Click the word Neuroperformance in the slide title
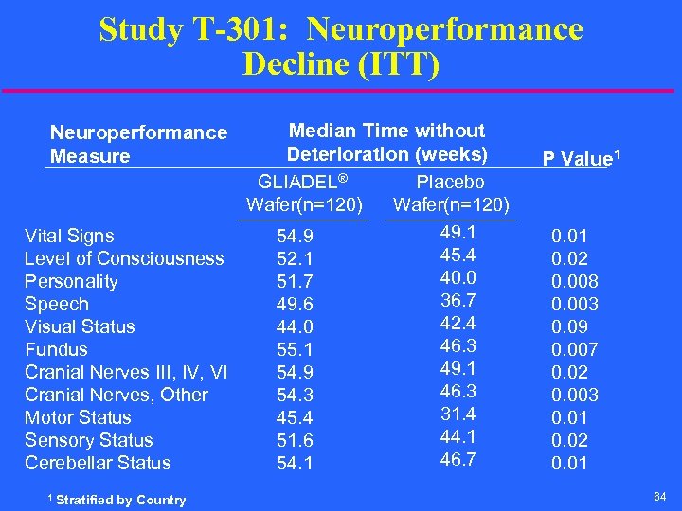click(x=444, y=29)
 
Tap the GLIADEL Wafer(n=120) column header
click(x=302, y=193)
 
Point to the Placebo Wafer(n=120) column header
click(x=450, y=193)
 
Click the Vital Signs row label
click(x=69, y=236)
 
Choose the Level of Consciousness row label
click(x=124, y=258)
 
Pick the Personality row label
click(x=71, y=281)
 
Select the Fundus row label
click(x=56, y=349)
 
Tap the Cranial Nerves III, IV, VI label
click(x=126, y=372)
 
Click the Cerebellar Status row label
click(x=98, y=463)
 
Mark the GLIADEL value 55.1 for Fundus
click(x=295, y=350)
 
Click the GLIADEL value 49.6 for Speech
click(x=295, y=305)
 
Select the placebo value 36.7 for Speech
click(x=458, y=300)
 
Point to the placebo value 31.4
click(x=458, y=414)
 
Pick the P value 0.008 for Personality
click(x=574, y=281)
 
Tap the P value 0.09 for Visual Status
click(x=569, y=326)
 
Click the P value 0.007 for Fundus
click(x=574, y=349)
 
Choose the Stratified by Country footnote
click(x=118, y=500)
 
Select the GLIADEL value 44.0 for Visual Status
click(x=295, y=327)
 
